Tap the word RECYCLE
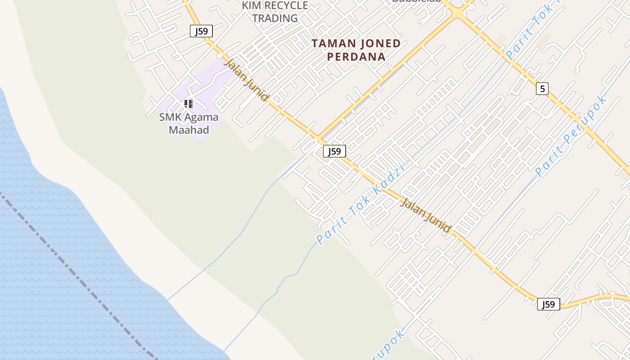(286, 6)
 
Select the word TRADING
(275, 18)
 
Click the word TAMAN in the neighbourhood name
(332, 44)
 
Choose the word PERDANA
(356, 57)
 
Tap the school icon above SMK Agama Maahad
(189, 104)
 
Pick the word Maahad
(189, 130)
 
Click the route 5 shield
(542, 89)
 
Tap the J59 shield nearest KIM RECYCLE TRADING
(201, 31)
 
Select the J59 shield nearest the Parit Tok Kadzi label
(334, 151)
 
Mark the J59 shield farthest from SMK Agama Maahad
(549, 304)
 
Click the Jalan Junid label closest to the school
(247, 80)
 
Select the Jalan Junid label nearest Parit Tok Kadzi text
(425, 216)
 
